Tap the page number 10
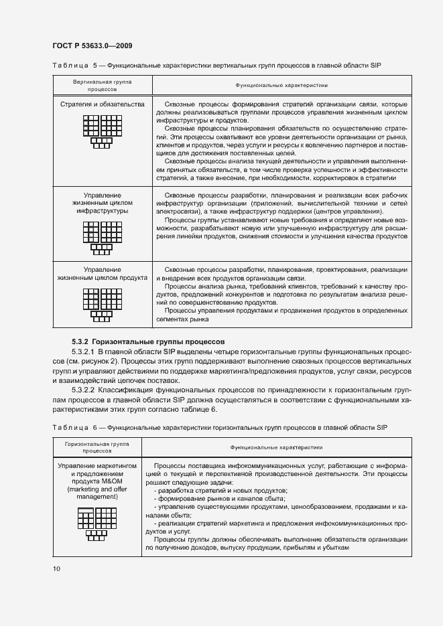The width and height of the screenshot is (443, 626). (56, 569)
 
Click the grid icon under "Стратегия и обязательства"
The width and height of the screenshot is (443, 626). (101, 133)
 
